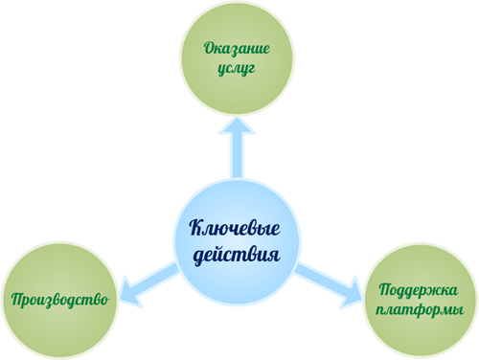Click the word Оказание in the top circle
pos(237,49)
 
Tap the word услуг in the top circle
pos(237,69)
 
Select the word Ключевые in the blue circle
pos(235,228)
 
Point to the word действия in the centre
pos(237,255)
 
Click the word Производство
pos(60,300)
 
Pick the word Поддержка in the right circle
pos(419,290)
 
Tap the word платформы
pos(420,310)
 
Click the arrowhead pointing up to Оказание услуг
pos(237,125)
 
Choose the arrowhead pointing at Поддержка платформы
pos(353,294)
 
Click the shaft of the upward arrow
pos(237,156)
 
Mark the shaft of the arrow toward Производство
pos(155,277)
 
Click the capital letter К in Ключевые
pos(196,227)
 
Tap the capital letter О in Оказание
pos(210,49)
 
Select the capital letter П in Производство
pos(18,300)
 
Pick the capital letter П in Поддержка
pos(386,289)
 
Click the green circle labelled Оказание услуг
pos(237,57)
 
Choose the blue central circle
pos(237,242)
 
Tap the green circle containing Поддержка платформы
pos(421,300)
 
